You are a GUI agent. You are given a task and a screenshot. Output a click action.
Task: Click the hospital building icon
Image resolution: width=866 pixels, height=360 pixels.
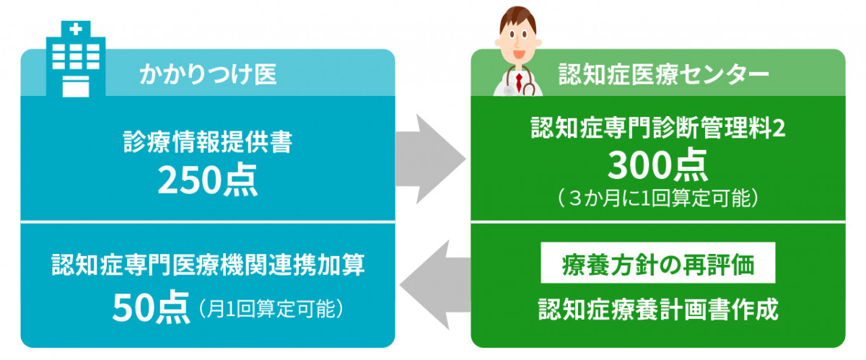pyautogui.click(x=76, y=58)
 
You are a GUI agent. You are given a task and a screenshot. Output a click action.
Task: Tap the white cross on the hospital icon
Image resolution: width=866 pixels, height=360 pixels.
pyautogui.click(x=76, y=30)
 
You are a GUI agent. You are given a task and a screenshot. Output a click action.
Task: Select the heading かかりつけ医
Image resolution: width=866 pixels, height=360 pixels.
pyautogui.click(x=208, y=74)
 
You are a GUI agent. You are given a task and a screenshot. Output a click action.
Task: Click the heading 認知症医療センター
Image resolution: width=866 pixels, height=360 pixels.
pyautogui.click(x=663, y=74)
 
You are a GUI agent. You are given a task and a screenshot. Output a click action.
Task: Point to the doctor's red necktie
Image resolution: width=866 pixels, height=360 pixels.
pyautogui.click(x=519, y=82)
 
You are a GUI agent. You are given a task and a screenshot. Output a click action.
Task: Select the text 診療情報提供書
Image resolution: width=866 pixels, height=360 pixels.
pyautogui.click(x=208, y=142)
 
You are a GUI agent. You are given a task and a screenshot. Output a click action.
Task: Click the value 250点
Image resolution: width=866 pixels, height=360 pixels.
pyautogui.click(x=208, y=180)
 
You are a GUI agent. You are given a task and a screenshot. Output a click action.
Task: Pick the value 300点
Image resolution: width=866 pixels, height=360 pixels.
pyautogui.click(x=657, y=165)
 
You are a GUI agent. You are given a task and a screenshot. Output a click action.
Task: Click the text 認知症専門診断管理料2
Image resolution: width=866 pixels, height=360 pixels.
pyautogui.click(x=658, y=127)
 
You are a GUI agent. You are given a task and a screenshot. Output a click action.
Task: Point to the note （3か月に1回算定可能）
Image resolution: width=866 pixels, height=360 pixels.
pyautogui.click(x=658, y=198)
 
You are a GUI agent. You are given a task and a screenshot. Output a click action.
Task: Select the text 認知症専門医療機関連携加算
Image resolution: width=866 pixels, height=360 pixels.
pyautogui.click(x=208, y=265)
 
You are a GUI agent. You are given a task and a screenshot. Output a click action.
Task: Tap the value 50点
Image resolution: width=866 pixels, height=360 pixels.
pyautogui.click(x=151, y=308)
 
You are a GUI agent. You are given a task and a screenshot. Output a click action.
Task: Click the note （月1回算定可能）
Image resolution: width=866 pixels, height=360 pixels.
pyautogui.click(x=271, y=309)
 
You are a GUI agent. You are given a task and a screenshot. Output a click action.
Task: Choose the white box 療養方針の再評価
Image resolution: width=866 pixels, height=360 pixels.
pyautogui.click(x=658, y=263)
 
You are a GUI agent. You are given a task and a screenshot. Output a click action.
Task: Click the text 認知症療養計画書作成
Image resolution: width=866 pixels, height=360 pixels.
pyautogui.click(x=658, y=309)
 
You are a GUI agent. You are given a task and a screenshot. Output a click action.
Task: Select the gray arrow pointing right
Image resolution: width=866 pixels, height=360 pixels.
pyautogui.click(x=430, y=159)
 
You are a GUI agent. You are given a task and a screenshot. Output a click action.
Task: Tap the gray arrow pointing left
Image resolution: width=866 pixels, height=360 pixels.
pyautogui.click(x=435, y=285)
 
